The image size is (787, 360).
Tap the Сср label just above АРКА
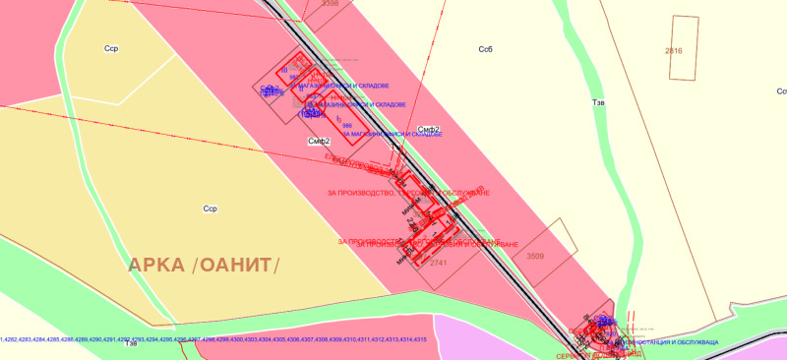[210, 209]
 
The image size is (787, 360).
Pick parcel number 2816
[673, 50]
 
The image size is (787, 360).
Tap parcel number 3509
[535, 256]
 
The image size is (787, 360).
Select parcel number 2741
[439, 264]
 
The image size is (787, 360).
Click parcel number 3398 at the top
[356, 4]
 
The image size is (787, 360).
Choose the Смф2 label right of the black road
[427, 129]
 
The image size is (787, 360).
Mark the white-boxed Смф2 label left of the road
[318, 142]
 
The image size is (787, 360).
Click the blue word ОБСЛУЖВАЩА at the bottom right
[694, 341]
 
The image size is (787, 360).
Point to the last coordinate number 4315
[420, 339]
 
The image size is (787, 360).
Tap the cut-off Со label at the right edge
[781, 90]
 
